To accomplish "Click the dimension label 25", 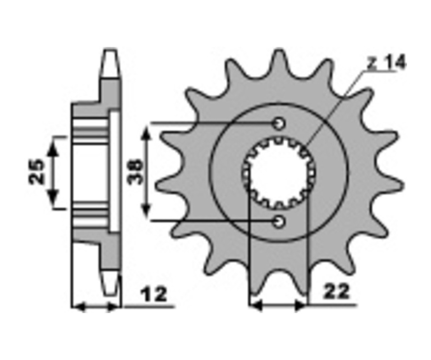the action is click(x=36, y=172).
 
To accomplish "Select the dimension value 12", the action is click(x=154, y=294).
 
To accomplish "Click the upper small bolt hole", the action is click(x=279, y=124).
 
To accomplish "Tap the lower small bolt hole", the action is click(x=279, y=221).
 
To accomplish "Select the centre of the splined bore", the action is click(x=279, y=173).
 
